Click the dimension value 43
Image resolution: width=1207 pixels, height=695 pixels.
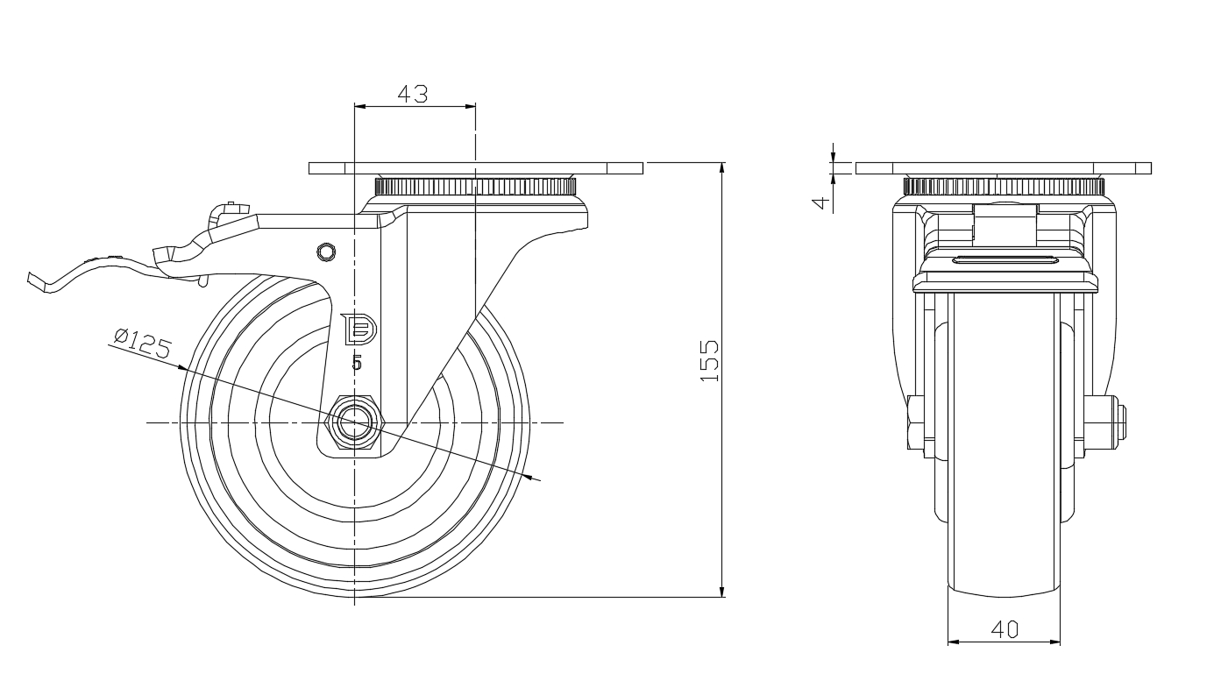(413, 94)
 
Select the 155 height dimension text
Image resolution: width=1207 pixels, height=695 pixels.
(709, 359)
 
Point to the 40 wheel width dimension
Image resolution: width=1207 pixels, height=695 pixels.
(1005, 628)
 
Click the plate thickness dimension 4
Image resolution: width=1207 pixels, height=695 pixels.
(820, 202)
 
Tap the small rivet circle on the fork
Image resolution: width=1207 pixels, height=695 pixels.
(326, 252)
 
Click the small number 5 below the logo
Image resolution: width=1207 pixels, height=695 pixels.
(356, 362)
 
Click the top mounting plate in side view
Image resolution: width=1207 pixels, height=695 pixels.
(476, 168)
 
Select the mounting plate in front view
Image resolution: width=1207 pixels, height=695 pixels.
(1004, 168)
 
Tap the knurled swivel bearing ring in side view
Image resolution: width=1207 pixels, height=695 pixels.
(476, 187)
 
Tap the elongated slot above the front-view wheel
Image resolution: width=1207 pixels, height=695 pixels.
(1005, 259)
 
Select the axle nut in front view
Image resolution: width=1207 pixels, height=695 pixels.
(916, 422)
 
